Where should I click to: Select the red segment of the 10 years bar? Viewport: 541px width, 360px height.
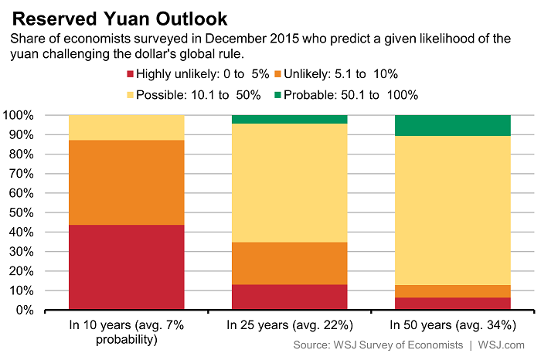click(127, 267)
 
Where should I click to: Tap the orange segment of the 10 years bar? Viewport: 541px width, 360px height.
click(127, 182)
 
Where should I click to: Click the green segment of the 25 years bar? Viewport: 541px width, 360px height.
click(290, 119)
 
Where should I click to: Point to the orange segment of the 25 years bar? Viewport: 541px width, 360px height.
click(290, 263)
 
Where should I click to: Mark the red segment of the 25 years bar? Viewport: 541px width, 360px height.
click(290, 297)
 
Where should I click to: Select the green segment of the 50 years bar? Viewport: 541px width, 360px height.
click(452, 125)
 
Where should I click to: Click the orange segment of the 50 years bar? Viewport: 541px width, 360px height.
click(452, 291)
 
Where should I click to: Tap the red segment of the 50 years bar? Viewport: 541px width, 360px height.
click(452, 304)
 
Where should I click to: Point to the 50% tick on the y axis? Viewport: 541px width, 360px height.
click(45, 212)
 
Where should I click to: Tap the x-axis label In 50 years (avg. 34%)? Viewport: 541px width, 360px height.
click(452, 325)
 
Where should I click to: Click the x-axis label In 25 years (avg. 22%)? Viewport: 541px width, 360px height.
click(290, 325)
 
